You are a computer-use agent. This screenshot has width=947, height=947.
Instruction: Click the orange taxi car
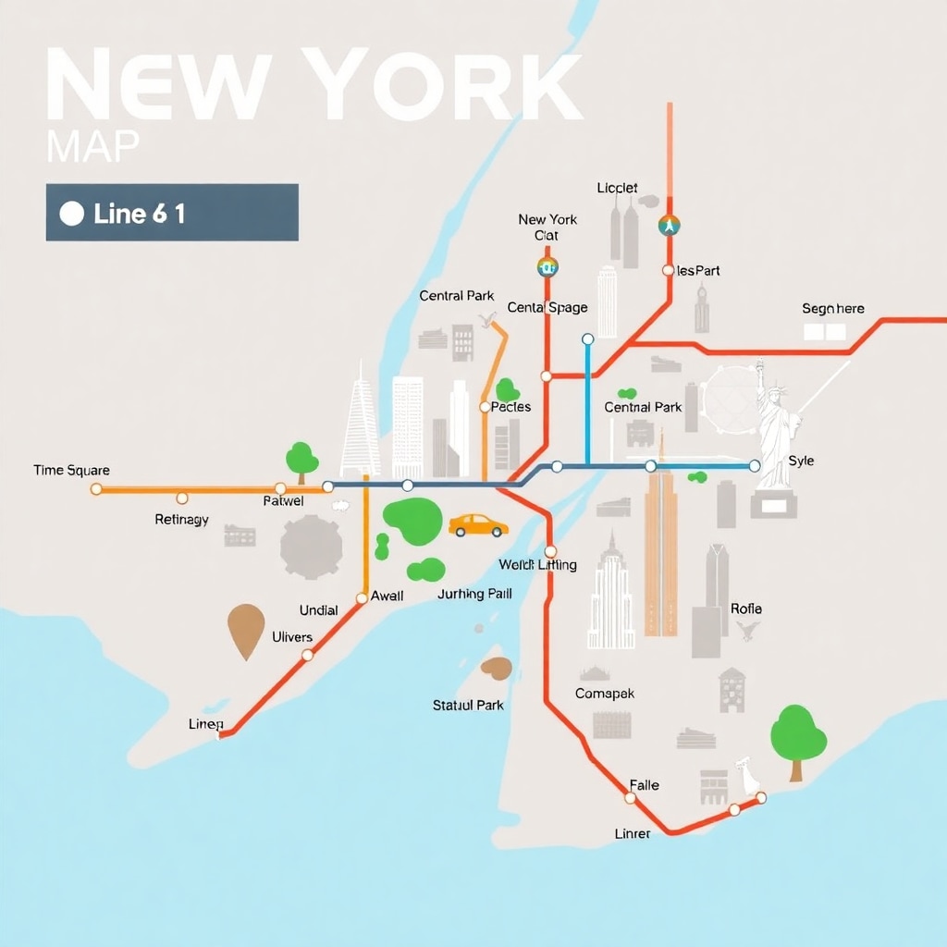click(x=478, y=525)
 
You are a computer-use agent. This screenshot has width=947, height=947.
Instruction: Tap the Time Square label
click(x=71, y=470)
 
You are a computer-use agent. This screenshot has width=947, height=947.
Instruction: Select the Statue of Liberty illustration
click(x=777, y=430)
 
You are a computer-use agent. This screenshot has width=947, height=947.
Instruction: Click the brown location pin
click(x=245, y=630)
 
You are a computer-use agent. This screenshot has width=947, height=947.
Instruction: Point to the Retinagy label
click(x=181, y=520)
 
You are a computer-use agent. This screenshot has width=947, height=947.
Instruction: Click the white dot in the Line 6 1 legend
click(x=71, y=214)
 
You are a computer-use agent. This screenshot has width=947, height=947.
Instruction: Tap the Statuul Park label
click(x=468, y=705)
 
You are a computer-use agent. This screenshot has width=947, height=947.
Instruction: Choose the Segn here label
click(x=832, y=309)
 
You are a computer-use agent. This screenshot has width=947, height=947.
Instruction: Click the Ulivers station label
click(x=292, y=636)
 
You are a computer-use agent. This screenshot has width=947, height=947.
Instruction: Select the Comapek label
click(x=605, y=694)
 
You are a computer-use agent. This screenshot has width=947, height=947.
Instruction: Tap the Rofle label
click(x=745, y=609)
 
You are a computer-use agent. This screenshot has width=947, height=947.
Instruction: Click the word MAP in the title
click(x=92, y=146)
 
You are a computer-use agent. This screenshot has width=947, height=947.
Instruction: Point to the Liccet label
click(x=617, y=188)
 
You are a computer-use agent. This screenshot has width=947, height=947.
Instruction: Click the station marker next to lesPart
click(x=669, y=271)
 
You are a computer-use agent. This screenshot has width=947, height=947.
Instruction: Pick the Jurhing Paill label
click(x=474, y=594)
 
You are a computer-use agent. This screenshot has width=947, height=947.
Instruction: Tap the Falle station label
click(x=644, y=785)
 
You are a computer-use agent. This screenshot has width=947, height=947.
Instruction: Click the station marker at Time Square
click(x=96, y=488)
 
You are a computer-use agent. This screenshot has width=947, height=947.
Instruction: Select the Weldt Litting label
click(x=537, y=565)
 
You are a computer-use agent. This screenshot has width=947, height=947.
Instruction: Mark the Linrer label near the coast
click(x=633, y=833)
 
